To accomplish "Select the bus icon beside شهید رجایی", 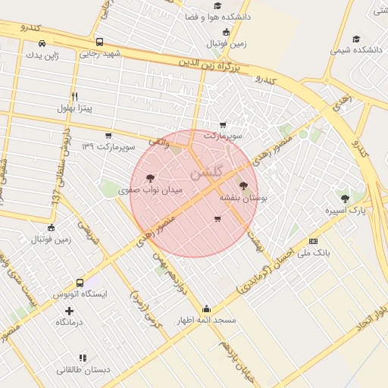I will [x=100, y=42].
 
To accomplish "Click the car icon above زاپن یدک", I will [x=42, y=42].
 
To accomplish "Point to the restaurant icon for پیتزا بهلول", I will [x=74, y=96].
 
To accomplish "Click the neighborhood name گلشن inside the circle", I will [x=208, y=173].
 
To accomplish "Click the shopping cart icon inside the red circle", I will [x=218, y=219].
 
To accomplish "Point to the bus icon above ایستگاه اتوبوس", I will [x=80, y=282].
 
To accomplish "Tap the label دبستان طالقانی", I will [x=83, y=370].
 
